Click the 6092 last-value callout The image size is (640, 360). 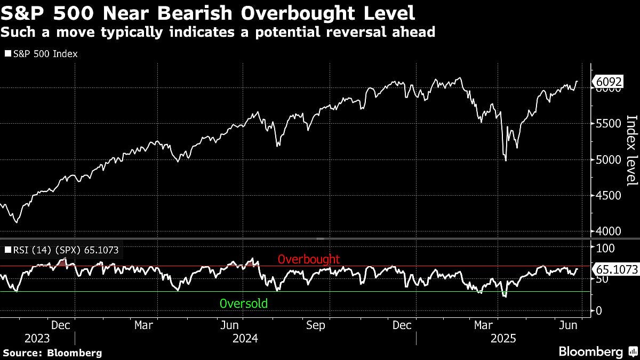tap(610, 82)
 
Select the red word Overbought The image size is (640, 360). tap(309, 259)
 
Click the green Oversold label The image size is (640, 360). tap(244, 304)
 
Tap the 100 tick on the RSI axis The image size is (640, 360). tap(605, 248)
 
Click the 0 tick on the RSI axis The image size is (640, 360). tap(599, 310)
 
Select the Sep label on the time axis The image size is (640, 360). tap(316, 325)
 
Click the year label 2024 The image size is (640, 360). tap(245, 339)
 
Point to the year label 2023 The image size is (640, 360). tap(37, 339)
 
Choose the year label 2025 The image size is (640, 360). tap(502, 339)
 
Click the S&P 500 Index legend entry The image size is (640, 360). tap(41, 54)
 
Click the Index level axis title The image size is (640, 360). tap(631, 151)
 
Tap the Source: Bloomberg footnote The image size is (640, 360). tap(52, 353)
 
